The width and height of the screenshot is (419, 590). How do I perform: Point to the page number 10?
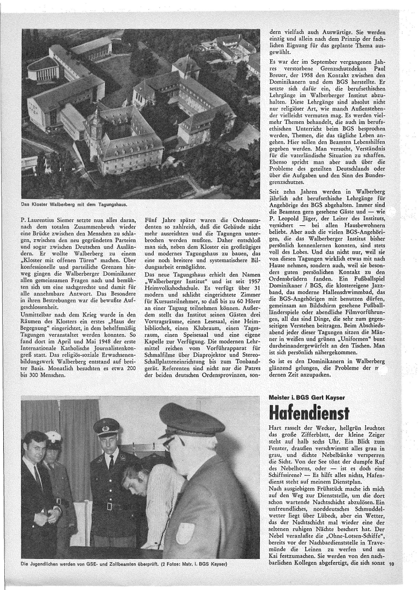(x=392, y=564)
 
